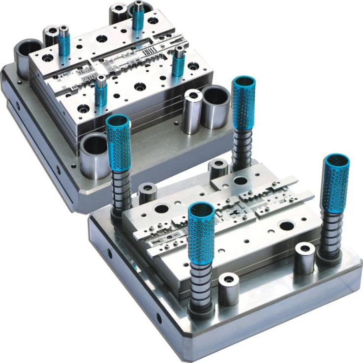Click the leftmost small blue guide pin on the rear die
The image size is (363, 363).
coord(64,41)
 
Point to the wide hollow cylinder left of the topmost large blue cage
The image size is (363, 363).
coord(215,106)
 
